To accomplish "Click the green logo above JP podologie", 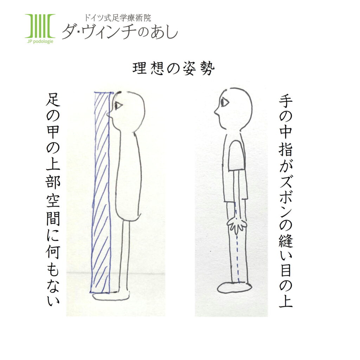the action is (x=40, y=26).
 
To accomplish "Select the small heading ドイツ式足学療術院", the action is (x=117, y=18).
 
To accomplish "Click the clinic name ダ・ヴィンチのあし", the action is (x=120, y=32).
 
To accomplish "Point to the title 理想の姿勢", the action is (x=173, y=69).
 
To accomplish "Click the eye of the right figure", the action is (x=224, y=102).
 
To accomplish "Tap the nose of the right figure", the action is (x=216, y=112).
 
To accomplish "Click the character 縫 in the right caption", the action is (x=286, y=244).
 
